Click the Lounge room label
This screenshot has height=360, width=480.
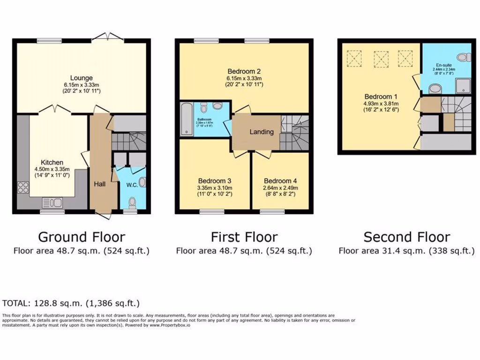coord(82,78)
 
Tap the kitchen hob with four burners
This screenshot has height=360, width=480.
coord(23,187)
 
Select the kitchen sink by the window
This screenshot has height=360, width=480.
coord(52,202)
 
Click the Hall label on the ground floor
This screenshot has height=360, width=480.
coord(99,184)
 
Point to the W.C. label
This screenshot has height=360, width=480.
coord(132,185)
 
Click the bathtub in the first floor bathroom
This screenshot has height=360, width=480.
coord(186,119)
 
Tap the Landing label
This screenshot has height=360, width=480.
coord(261,132)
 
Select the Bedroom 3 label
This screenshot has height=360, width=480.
coord(214,181)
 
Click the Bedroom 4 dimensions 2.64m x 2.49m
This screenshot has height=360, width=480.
coord(280,187)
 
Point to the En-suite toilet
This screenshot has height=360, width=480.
coord(463,57)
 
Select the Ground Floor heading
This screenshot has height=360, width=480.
coord(82,237)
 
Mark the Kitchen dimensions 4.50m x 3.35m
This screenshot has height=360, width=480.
coord(52,169)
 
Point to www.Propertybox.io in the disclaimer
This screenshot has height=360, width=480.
coord(170,325)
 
